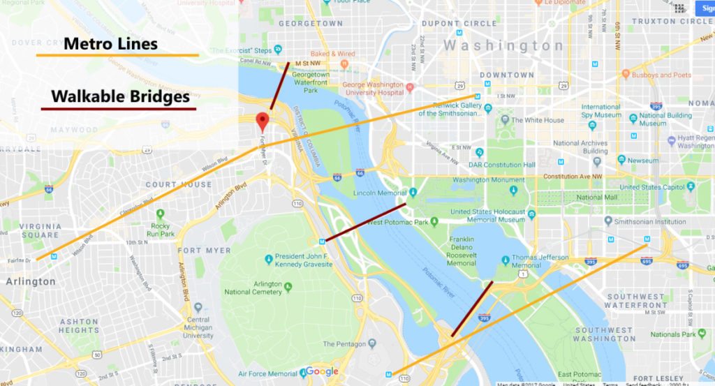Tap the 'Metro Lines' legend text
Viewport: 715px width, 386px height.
(x=110, y=44)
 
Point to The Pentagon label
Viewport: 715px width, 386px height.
(x=345, y=344)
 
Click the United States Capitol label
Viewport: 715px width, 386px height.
(x=654, y=187)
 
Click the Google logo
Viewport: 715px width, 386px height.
(x=321, y=371)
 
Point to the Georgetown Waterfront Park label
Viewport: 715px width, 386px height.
(x=311, y=82)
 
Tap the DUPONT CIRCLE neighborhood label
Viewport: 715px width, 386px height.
(x=458, y=23)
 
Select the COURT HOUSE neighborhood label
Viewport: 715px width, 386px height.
(x=178, y=185)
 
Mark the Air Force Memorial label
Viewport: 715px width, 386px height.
(x=267, y=373)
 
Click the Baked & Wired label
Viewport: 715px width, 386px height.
(x=332, y=54)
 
